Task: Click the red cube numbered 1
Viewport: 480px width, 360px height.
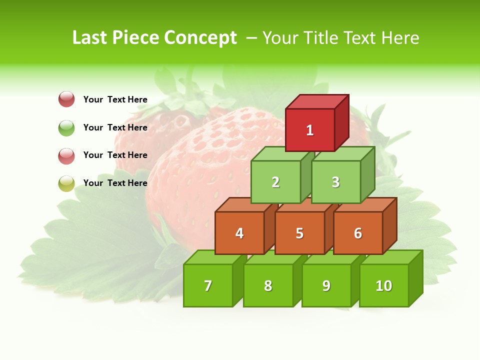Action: pos(310,130)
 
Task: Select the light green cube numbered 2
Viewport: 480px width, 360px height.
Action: pos(275,182)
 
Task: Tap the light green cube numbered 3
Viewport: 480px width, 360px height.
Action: pos(335,182)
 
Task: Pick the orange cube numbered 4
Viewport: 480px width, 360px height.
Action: pos(239,233)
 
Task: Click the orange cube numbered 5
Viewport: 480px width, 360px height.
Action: pos(299,233)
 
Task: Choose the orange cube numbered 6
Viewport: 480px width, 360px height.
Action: pos(358,233)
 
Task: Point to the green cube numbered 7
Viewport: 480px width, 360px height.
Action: pos(208,285)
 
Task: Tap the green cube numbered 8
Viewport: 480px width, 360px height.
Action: pos(268,285)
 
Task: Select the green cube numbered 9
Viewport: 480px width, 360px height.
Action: pos(326,285)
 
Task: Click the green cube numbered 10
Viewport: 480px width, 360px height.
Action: pos(384,285)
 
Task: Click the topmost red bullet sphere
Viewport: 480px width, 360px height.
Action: pos(66,99)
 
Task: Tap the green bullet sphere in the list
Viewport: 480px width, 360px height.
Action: pos(66,127)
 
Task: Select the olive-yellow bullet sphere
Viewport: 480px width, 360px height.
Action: pos(66,183)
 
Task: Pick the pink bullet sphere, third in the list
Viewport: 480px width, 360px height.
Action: pos(66,155)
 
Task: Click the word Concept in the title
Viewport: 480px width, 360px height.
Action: pos(200,38)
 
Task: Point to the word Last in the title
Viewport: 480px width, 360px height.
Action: pos(90,37)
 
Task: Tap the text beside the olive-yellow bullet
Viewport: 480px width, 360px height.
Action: pos(115,183)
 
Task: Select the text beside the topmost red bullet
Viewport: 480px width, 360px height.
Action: pos(115,99)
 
